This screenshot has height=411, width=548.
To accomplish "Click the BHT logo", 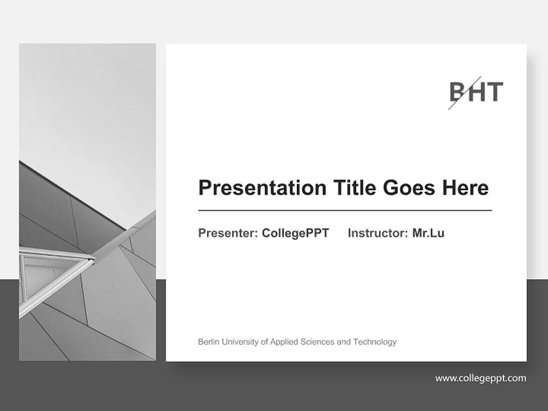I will (476, 92).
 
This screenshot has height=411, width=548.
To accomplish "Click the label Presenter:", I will (228, 233).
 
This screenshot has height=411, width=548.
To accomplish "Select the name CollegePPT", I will (295, 233).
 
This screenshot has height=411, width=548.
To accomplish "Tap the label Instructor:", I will (377, 233).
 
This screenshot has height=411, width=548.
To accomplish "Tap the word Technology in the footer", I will (374, 342).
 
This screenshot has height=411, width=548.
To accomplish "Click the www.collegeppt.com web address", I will (481, 378).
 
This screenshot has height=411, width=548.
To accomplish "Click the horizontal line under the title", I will (345, 211).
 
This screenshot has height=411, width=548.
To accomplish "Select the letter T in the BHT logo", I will (494, 92).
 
